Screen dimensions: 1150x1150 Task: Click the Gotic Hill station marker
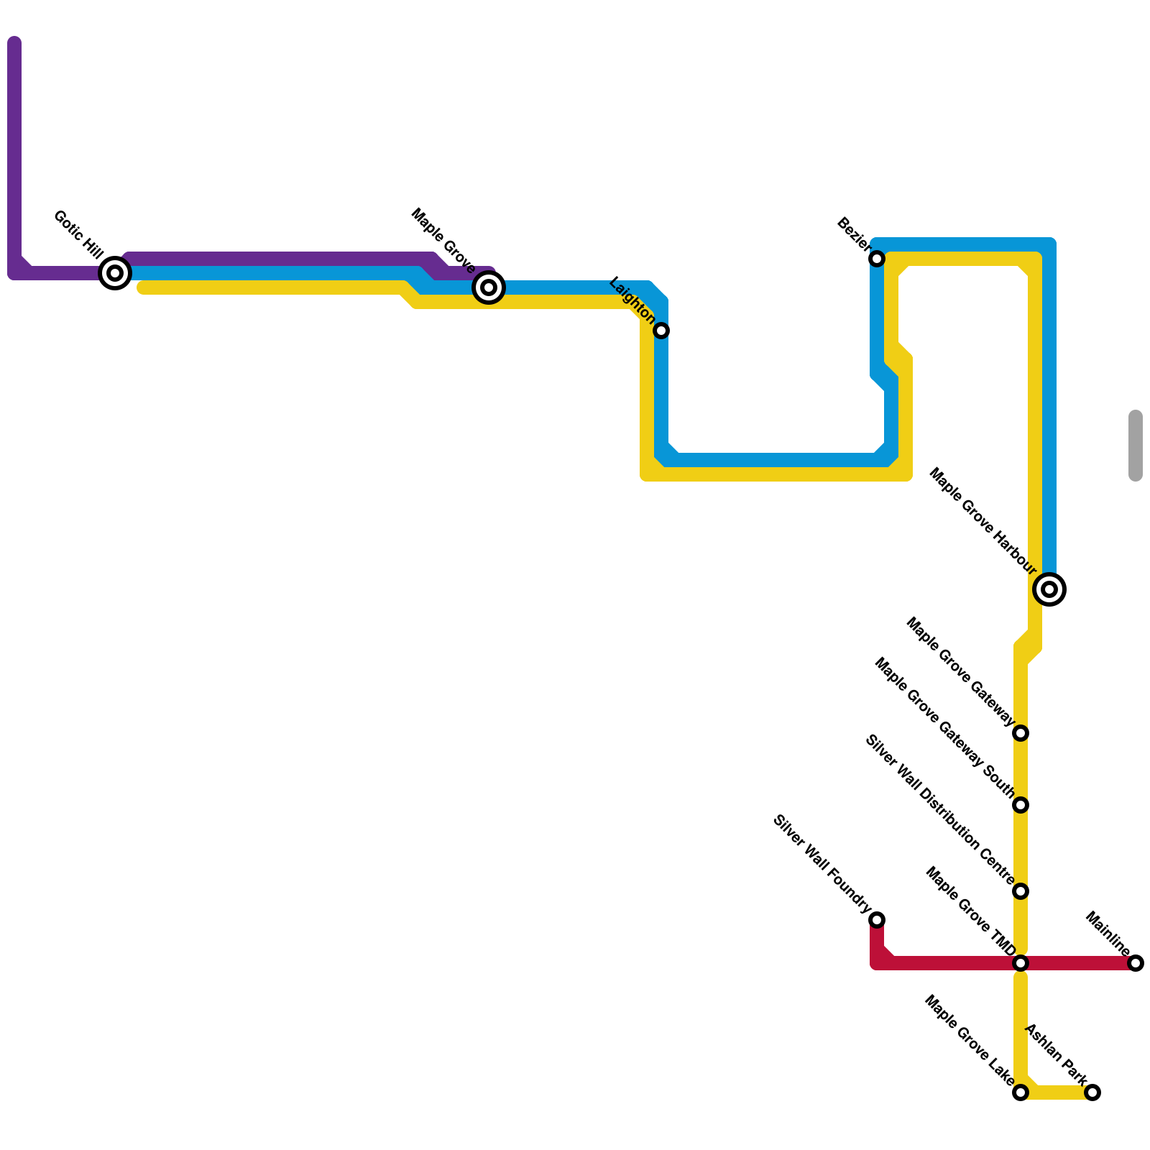(115, 273)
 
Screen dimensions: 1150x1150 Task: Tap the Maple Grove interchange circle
(489, 287)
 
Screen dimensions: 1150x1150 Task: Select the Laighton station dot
(662, 331)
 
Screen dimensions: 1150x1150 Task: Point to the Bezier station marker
(877, 259)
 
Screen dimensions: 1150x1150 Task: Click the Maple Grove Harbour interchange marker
(1049, 589)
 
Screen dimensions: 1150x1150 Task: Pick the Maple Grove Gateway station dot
(1021, 733)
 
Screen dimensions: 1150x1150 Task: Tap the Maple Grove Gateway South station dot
(1021, 805)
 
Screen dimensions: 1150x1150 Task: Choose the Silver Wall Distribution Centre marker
(1021, 891)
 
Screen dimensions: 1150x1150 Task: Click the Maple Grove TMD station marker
(1021, 963)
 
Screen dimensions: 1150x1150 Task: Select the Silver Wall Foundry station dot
(877, 920)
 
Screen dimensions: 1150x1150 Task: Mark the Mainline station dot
(1136, 963)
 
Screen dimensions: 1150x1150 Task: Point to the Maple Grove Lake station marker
(1021, 1092)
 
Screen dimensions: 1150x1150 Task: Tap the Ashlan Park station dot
(1092, 1092)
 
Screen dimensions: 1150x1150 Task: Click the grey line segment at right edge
(1136, 446)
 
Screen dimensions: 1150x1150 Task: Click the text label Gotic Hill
(78, 234)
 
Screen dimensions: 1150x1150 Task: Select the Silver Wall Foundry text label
(822, 865)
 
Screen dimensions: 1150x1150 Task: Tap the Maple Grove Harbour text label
(983, 522)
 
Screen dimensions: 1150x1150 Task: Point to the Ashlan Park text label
(1056, 1054)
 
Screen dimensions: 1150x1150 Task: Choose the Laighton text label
(632, 301)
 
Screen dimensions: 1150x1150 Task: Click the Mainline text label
(1108, 934)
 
